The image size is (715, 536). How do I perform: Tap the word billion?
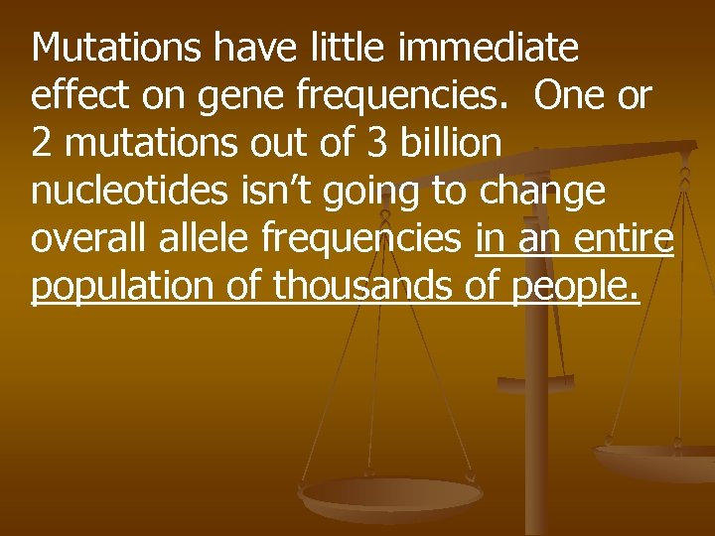[452, 143]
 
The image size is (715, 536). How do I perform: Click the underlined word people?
[575, 286]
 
